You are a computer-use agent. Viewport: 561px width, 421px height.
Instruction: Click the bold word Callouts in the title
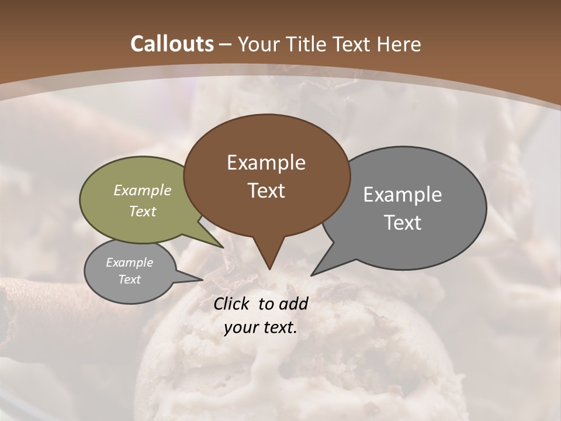pos(172,44)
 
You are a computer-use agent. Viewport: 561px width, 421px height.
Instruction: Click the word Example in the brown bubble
pos(266,163)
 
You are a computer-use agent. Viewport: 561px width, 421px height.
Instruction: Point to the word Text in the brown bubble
pos(266,191)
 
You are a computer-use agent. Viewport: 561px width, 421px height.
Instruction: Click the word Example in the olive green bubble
pos(143,190)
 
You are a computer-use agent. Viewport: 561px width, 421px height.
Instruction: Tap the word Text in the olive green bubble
pos(143,211)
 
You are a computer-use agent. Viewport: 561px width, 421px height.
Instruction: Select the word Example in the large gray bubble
pos(403,195)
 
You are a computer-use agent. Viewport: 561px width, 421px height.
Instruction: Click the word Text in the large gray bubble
pos(403,222)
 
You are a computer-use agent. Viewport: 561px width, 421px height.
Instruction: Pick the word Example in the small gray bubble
pos(129,263)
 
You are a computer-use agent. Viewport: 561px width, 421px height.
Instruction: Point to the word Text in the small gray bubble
pos(129,279)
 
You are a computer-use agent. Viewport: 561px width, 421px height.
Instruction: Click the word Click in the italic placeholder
pos(233,303)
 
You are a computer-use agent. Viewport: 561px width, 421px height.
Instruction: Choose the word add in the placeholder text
pos(293,303)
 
